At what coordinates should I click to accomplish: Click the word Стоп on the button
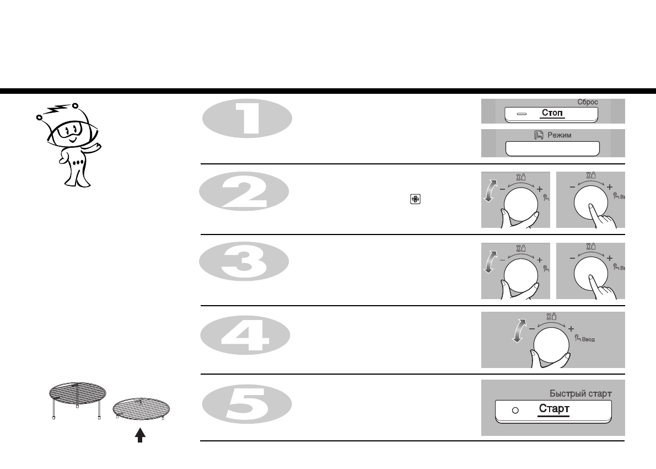coord(552,113)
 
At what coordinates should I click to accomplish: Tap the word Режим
coord(558,135)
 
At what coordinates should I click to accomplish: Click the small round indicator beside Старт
coord(515,410)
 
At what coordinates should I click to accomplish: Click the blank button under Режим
coord(552,149)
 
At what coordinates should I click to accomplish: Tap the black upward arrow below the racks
coord(140,435)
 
